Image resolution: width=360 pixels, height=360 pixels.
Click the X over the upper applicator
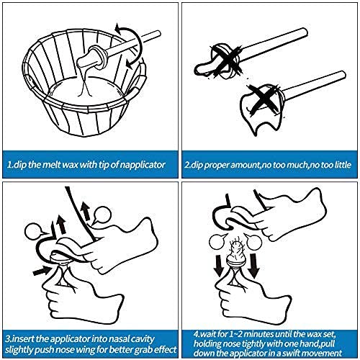226,61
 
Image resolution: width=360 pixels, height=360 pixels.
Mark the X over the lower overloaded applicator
265,99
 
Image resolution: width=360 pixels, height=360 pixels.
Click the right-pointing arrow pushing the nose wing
41,271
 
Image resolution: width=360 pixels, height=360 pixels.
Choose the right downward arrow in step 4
253,266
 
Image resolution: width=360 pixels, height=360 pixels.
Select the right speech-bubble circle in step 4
253,241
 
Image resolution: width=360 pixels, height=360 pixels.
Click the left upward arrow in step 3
62,224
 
